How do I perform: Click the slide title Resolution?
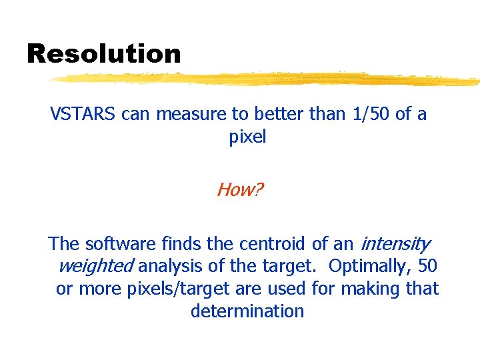pos(103,54)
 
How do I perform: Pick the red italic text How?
pos(239,190)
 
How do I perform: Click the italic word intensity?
pos(395,243)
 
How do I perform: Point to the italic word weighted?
pos(96,266)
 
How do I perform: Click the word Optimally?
pos(369,266)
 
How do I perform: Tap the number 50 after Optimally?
pos(427,266)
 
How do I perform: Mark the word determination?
pos(247,311)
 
